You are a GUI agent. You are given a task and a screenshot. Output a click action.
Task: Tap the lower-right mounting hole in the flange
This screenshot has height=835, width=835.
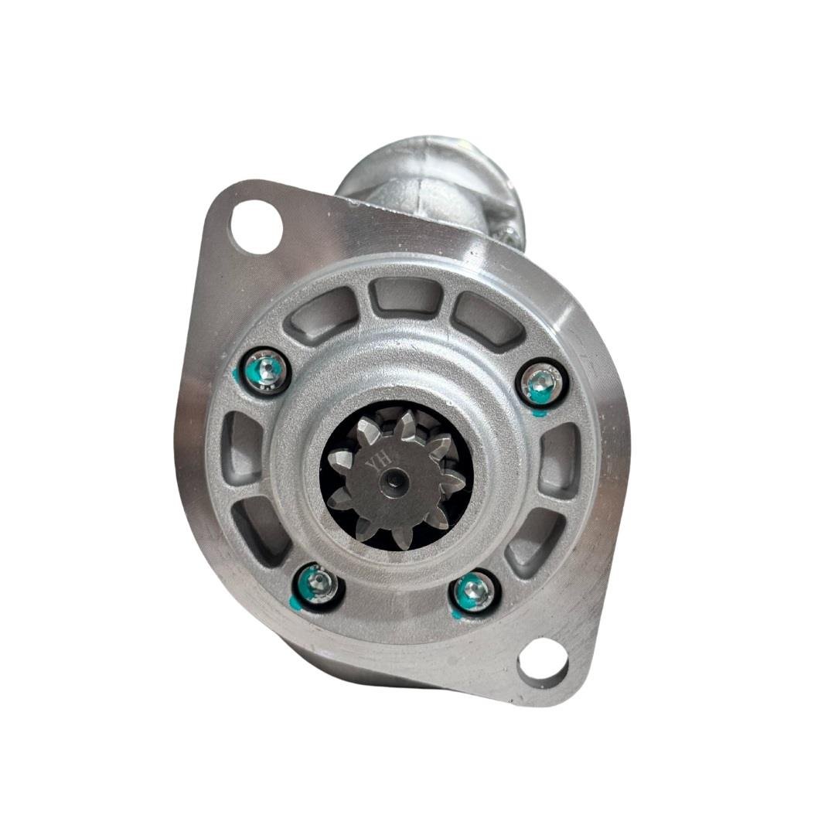[542, 661]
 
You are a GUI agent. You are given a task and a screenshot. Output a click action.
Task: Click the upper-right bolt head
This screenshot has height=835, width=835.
[540, 383]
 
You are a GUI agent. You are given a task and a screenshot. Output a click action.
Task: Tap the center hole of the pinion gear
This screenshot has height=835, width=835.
[395, 480]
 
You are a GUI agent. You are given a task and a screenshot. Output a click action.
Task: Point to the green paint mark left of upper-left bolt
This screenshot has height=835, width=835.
[237, 377]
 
